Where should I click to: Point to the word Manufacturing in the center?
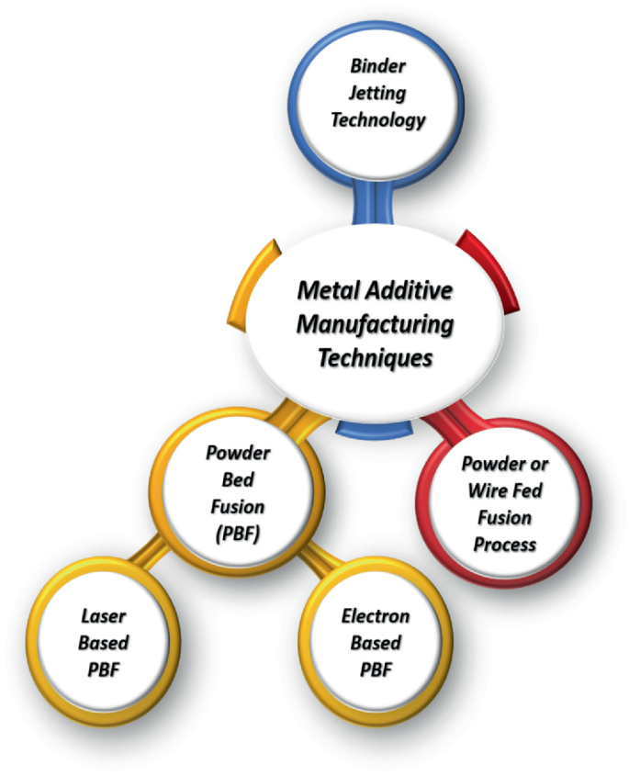[x=374, y=324]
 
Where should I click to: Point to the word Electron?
[x=376, y=617]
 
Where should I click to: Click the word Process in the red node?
[x=505, y=545]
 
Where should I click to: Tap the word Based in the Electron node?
[x=376, y=643]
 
